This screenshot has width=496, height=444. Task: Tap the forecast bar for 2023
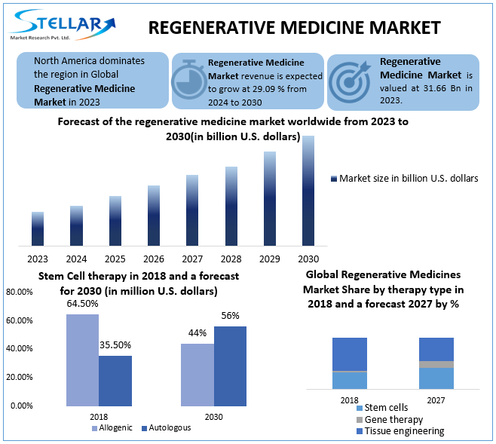(38, 228)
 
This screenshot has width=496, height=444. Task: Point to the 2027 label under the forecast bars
(192, 259)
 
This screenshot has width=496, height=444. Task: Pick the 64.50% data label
(82, 303)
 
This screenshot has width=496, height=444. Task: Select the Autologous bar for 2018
(115, 380)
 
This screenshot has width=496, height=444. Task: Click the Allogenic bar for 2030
(197, 374)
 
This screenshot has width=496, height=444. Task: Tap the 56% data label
(230, 315)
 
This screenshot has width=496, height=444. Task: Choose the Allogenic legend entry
(112, 428)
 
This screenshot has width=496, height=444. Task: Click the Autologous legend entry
(165, 428)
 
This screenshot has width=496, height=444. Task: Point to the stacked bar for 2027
(436, 363)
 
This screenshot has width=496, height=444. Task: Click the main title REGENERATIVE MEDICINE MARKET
(294, 28)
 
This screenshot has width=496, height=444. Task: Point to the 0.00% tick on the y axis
(22, 406)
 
